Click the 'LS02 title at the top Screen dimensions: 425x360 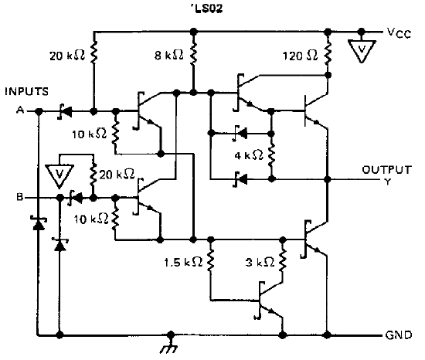pyautogui.click(x=206, y=8)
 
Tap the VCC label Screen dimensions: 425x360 pyautogui.click(x=399, y=33)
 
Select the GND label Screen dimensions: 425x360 pyautogui.click(x=399, y=335)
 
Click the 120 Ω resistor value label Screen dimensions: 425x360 pyautogui.click(x=300, y=56)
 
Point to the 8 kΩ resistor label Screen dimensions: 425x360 pyautogui.click(x=169, y=56)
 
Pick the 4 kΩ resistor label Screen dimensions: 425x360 pyautogui.click(x=249, y=155)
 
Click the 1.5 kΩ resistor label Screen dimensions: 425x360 pyautogui.click(x=183, y=262)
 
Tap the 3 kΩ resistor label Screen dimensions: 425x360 pyautogui.click(x=260, y=262)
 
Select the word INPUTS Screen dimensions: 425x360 pyautogui.click(x=26, y=91)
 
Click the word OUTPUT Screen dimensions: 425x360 pyautogui.click(x=387, y=170)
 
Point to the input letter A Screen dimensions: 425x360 pyautogui.click(x=20, y=110)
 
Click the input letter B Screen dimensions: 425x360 pyautogui.click(x=20, y=197)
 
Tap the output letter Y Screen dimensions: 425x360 pyautogui.click(x=388, y=182)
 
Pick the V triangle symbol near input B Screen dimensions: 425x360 pyautogui.click(x=59, y=176)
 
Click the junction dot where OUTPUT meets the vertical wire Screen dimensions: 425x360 pyautogui.click(x=328, y=179)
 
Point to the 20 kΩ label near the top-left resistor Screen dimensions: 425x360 pyautogui.click(x=67, y=56)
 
